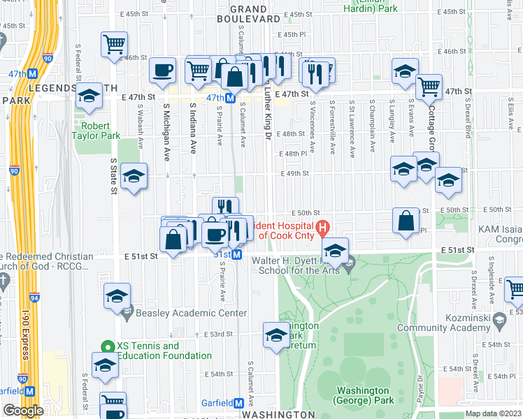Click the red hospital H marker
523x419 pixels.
322,228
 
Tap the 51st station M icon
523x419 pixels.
237,255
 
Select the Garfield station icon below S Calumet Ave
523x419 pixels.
239,403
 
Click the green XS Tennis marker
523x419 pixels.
107,346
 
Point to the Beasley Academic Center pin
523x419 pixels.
127,314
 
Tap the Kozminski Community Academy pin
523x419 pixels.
499,321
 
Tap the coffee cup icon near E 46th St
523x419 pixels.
163,70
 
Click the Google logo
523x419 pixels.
23,411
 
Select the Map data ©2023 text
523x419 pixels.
493,413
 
